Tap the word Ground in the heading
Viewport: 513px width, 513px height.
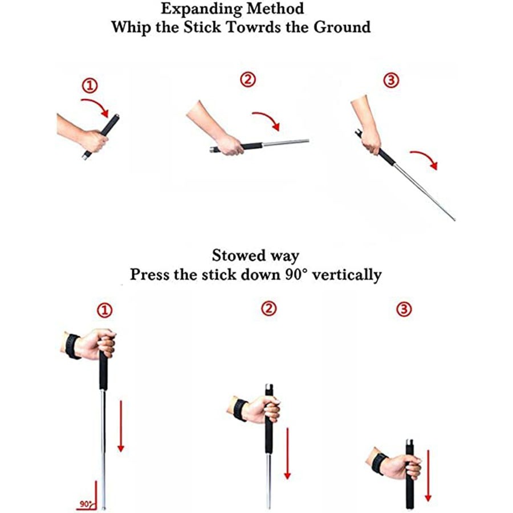coord(342,27)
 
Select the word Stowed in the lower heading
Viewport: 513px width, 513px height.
coord(238,255)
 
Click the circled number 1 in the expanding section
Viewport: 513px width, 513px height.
coord(89,85)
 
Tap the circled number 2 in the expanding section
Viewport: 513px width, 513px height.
coord(248,79)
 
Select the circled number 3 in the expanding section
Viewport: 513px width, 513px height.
coord(391,80)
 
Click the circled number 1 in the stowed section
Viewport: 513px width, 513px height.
coord(105,310)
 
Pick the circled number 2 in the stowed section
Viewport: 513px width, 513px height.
coord(269,308)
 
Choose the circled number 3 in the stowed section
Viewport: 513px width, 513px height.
coord(404,309)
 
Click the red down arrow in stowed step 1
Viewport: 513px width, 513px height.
coord(121,426)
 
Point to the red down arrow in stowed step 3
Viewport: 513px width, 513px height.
coord(428,476)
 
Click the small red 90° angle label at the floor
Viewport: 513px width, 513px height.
coord(85,504)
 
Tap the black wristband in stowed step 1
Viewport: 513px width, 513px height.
coord(72,347)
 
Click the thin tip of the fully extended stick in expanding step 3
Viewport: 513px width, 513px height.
coord(454,220)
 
